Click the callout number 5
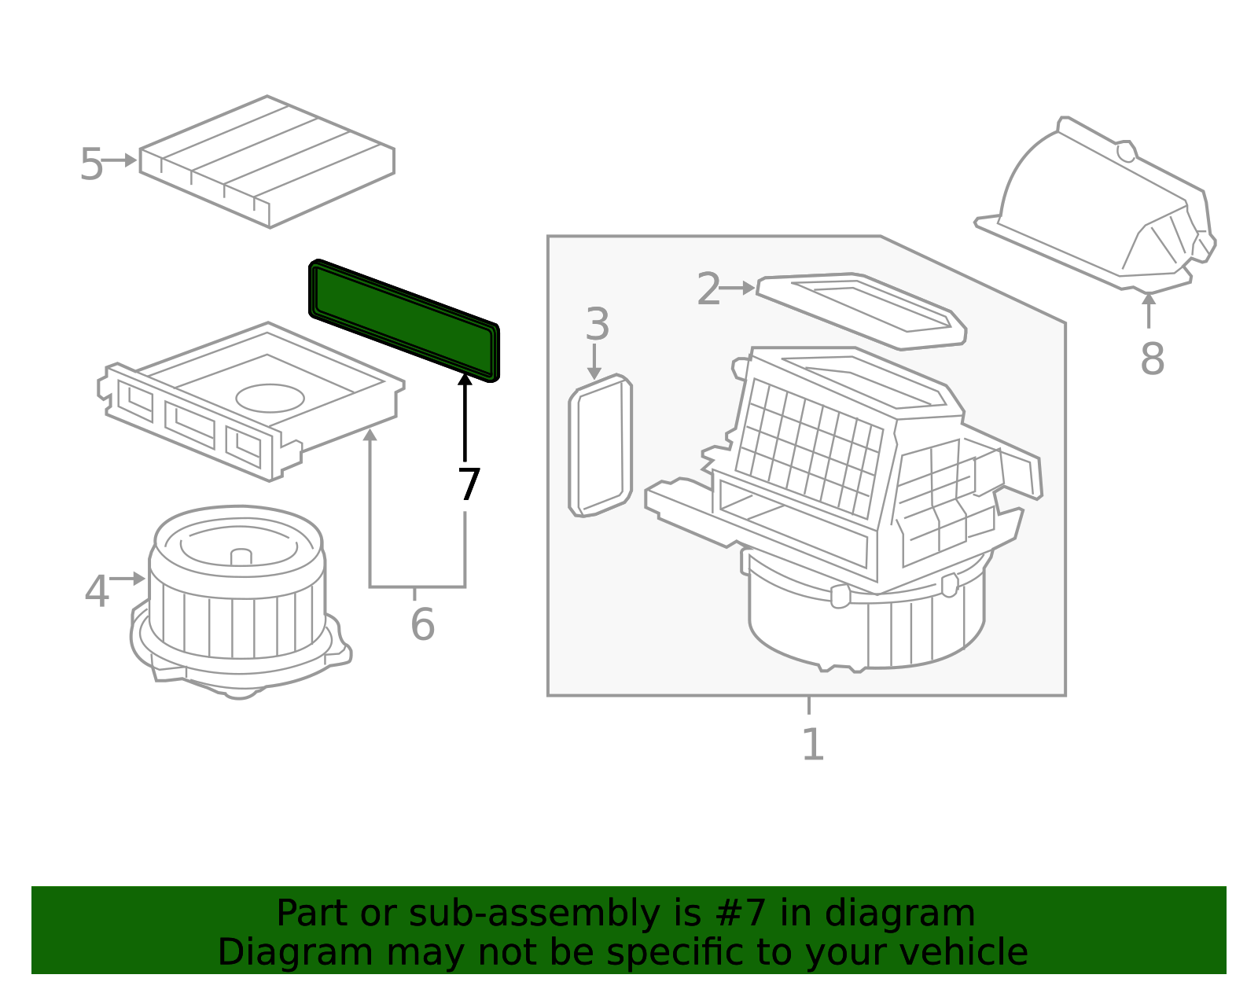click(91, 164)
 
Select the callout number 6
click(422, 624)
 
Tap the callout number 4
click(97, 590)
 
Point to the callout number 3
click(598, 324)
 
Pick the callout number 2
click(708, 289)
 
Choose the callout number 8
click(1152, 359)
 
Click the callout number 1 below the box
click(813, 745)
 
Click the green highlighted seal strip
click(404, 320)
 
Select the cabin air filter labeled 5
click(267, 161)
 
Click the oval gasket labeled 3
click(601, 445)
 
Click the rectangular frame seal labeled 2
click(862, 311)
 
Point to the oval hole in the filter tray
click(270, 398)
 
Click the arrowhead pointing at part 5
click(131, 160)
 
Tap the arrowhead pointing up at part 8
click(1149, 299)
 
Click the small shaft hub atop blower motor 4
click(241, 557)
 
